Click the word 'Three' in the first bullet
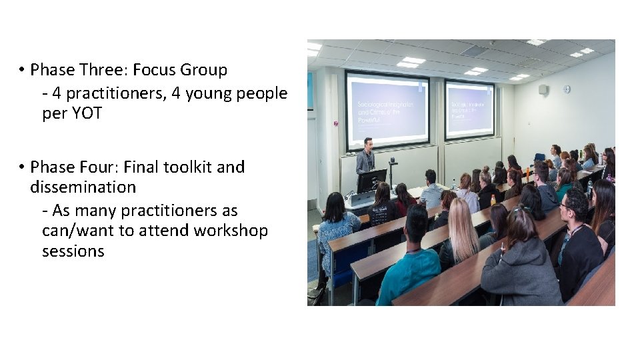(107, 70)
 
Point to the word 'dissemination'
(83, 187)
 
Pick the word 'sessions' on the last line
(73, 251)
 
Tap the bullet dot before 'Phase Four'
(22, 167)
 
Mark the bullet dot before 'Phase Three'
(22, 70)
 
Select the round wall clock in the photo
(567, 89)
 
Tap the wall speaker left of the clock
(543, 89)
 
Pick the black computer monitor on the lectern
(371, 181)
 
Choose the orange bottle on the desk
(493, 200)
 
